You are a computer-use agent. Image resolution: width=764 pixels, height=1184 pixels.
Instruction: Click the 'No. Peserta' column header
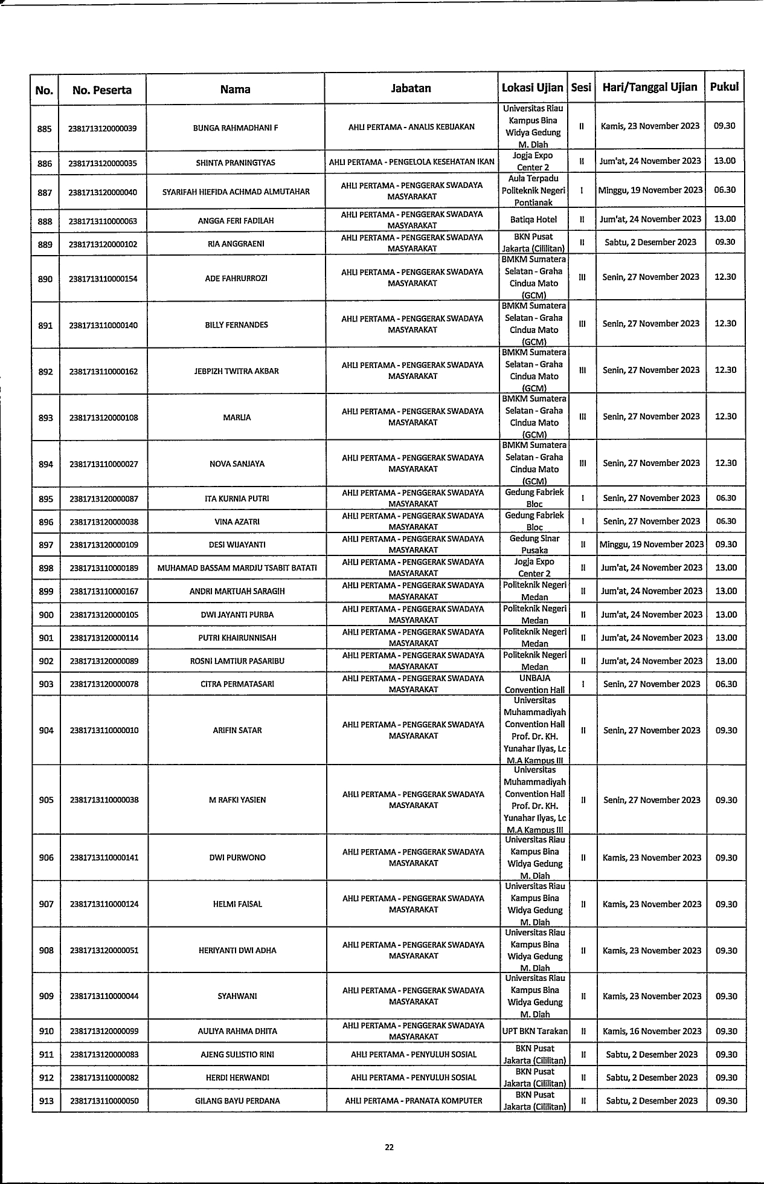tap(102, 90)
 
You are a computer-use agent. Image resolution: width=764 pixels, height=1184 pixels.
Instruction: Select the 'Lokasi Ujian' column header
tap(532, 88)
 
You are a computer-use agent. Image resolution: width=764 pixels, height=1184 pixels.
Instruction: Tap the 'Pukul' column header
tap(724, 86)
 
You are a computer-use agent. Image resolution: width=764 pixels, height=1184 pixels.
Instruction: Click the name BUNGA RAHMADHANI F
tap(235, 128)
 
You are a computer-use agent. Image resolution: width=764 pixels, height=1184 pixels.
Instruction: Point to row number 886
tap(45, 163)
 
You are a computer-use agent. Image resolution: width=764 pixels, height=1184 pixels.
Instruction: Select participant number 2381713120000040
tap(103, 192)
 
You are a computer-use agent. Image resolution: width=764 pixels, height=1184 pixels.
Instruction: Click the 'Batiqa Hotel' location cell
tap(533, 219)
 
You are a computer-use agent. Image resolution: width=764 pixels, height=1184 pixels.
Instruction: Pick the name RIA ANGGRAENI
tap(236, 244)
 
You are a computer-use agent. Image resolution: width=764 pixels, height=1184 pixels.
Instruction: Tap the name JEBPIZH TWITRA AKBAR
tap(236, 371)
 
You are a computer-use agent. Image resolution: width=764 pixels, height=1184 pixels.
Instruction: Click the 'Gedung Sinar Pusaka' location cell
tap(534, 545)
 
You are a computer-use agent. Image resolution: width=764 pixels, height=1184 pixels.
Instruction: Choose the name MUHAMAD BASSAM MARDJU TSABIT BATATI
tap(237, 568)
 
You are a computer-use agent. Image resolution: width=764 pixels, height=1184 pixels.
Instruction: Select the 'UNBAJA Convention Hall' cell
tap(534, 684)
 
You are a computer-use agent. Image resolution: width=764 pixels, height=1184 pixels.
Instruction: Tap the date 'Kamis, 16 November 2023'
tap(652, 1031)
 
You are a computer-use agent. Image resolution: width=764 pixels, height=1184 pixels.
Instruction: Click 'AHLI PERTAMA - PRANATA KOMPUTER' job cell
tap(414, 1101)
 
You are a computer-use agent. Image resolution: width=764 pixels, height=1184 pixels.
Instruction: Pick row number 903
tap(46, 684)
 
